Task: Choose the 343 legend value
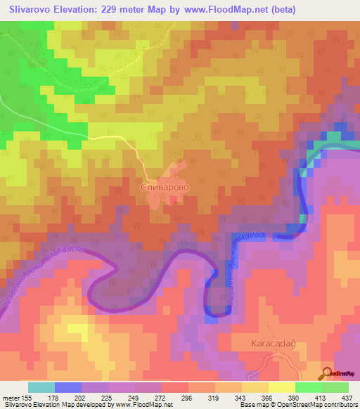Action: (242, 398)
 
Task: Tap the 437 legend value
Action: (348, 398)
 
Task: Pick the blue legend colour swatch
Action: (68, 387)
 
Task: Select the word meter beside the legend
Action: (11, 398)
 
